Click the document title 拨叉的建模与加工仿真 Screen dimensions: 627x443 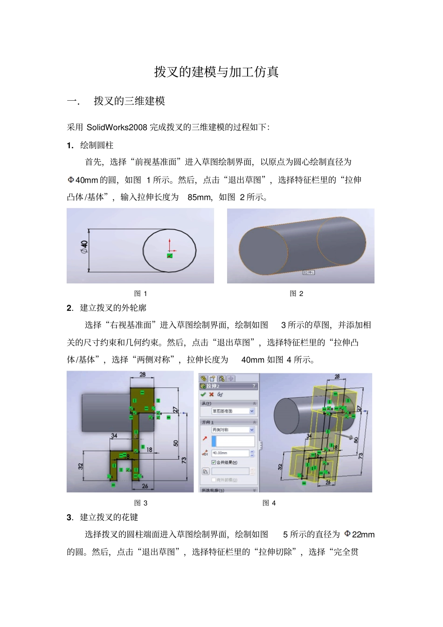[216, 72]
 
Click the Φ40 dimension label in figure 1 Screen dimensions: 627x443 [84, 247]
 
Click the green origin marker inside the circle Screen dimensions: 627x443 [170, 255]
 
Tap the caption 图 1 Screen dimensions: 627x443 [140, 293]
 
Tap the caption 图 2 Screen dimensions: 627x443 [296, 293]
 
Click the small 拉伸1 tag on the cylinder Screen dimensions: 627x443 [309, 272]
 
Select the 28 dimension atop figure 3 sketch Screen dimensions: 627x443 [142, 374]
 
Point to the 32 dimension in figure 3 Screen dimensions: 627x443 [80, 466]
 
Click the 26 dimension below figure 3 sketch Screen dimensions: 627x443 [145, 486]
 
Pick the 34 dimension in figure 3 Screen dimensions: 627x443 [114, 436]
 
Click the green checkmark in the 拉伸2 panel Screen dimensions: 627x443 [203, 394]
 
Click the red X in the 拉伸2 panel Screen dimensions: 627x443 [211, 394]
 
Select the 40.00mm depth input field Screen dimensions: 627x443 [230, 453]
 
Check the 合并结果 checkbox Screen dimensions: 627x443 [214, 462]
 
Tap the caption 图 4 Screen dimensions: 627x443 [269, 503]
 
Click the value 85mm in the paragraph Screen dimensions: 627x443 [199, 197]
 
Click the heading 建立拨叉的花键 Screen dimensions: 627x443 [109, 517]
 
